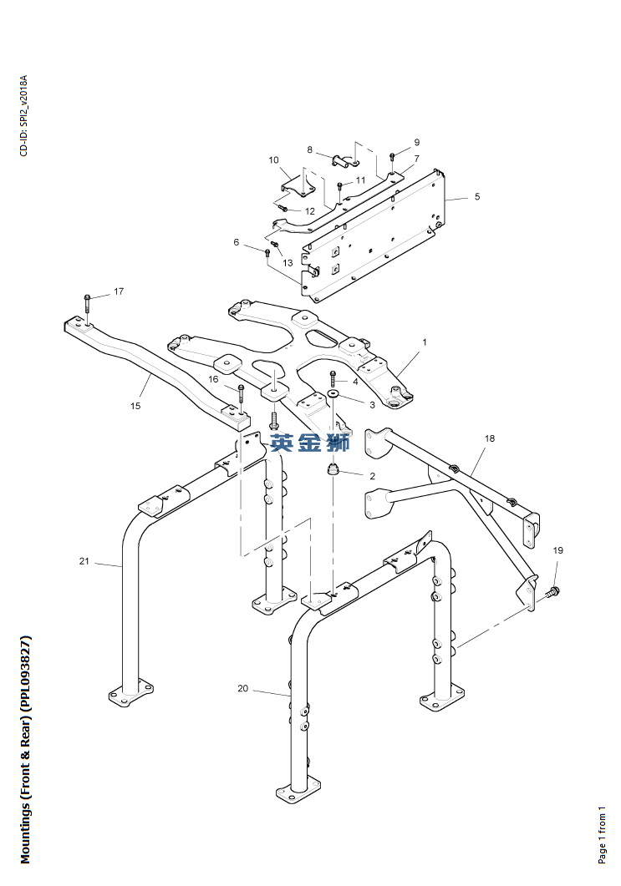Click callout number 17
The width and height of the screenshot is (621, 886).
pos(119,291)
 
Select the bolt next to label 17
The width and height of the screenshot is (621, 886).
pos(87,303)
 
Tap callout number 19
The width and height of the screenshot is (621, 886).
pos(557,550)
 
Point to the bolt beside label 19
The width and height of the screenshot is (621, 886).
pos(553,591)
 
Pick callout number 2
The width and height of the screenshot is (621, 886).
pos(372,476)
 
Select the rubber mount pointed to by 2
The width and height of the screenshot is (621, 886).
pos(333,468)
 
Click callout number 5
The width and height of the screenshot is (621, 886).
pos(476,196)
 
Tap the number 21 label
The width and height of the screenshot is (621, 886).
pos(84,561)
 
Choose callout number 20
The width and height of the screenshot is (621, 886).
pos(242,688)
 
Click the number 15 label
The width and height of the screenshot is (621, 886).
pos(135,406)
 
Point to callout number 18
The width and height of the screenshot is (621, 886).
pos(489,438)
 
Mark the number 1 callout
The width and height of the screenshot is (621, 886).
pos(425,342)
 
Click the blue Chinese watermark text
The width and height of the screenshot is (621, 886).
pos(310,443)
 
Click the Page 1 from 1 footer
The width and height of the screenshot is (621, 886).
pos(602,834)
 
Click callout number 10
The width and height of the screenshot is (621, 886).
pos(274,159)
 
